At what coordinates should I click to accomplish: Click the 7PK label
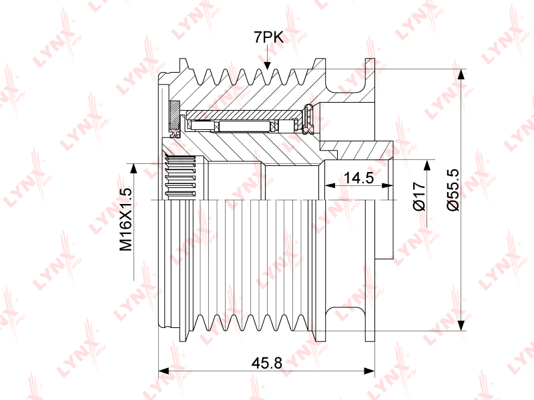[268, 37]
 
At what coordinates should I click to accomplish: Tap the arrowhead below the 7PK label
[268, 65]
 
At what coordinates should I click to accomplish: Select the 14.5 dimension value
[358, 177]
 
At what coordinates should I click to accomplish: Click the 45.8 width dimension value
[266, 363]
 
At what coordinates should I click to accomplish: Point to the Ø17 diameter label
[419, 196]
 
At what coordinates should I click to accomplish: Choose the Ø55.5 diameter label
[453, 190]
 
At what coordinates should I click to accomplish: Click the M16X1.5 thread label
[125, 219]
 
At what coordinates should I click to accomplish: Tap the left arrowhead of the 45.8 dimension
[164, 371]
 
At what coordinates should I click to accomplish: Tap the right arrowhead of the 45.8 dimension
[370, 371]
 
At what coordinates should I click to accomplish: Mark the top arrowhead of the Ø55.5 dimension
[461, 75]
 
